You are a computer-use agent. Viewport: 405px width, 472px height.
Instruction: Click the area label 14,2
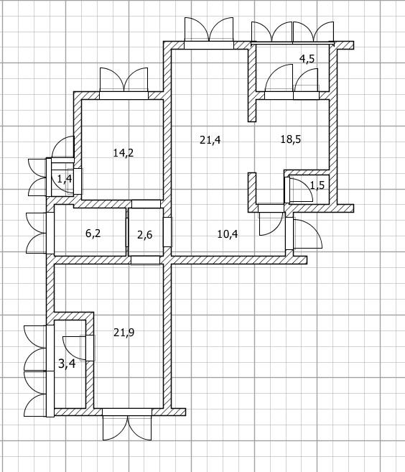point(124,153)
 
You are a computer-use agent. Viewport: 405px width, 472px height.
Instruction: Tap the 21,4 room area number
point(210,140)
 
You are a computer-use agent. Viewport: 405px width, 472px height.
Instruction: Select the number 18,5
point(291,139)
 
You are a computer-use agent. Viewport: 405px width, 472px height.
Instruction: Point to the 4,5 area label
point(307,59)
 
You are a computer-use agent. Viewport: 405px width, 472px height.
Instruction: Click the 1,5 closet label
point(317,185)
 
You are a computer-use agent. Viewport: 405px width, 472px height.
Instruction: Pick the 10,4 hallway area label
point(228,234)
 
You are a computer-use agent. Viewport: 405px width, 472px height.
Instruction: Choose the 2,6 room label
point(145,234)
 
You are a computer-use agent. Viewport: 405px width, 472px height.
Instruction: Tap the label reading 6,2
point(93,233)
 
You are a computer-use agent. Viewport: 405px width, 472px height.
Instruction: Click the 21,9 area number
point(124,333)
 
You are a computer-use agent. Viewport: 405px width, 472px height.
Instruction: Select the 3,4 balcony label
point(67,364)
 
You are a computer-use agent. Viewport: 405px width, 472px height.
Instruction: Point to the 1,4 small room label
point(65,179)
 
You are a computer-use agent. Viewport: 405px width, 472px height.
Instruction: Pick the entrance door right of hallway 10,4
point(304,233)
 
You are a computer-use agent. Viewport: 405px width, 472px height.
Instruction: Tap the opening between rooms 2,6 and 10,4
point(168,232)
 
